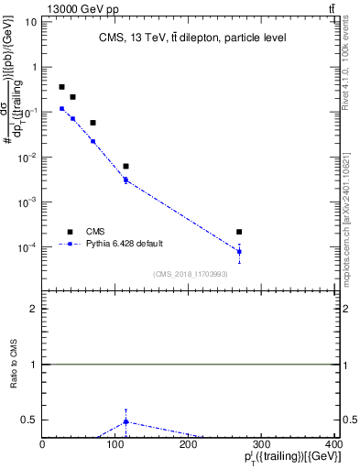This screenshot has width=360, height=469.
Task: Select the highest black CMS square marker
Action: pos(61,87)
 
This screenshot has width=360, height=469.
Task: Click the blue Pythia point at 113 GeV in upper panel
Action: pos(126,180)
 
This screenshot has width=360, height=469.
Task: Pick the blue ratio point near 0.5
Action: pos(126,421)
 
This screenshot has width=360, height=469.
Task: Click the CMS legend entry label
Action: pos(96,231)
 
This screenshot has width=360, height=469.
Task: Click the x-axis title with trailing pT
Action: pos(289,457)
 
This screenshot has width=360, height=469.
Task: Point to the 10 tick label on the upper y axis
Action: pos(31,22)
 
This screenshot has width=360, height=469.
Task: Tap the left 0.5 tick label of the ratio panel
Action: pos(29,420)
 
